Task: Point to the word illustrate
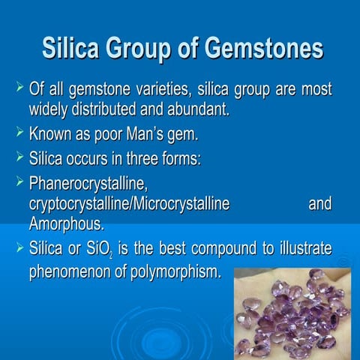pos(304,249)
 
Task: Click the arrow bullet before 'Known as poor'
pos(20,135)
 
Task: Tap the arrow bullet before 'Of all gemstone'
pos(20,91)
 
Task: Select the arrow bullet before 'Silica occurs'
pos(20,158)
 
